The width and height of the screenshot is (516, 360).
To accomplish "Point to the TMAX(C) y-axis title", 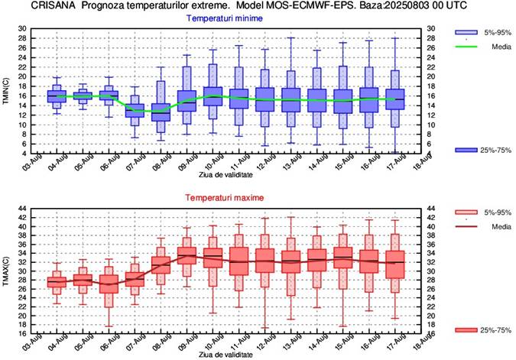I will tap(6, 271).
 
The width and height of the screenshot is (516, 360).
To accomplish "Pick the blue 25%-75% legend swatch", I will tap(466, 150).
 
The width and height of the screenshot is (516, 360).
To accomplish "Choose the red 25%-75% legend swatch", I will tap(466, 329).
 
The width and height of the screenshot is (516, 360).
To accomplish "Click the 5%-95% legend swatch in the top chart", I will tap(466, 34).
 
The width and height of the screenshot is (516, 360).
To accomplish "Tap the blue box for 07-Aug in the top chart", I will tap(135, 105).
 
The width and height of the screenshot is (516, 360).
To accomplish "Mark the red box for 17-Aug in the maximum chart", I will tap(394, 261).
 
